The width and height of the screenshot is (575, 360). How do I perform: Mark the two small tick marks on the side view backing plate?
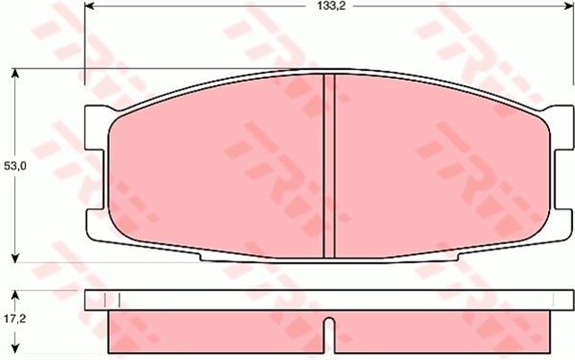112,300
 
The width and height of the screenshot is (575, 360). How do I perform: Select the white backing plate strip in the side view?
329,300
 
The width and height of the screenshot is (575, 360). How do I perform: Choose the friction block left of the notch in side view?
216,334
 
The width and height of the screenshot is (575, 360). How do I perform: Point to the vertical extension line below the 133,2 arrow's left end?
84,45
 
